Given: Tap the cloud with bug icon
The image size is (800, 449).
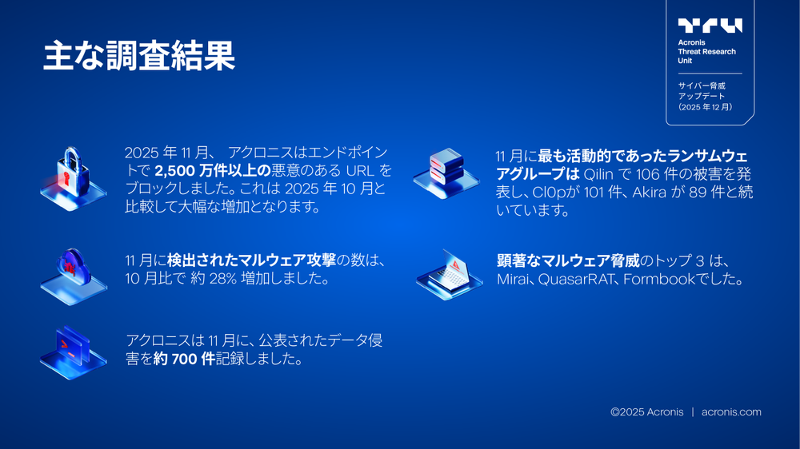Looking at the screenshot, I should point(73,268).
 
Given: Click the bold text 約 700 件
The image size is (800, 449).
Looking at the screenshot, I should point(185,360).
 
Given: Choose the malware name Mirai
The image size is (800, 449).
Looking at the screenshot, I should point(514,280).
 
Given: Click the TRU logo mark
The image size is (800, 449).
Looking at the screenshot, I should point(710,26).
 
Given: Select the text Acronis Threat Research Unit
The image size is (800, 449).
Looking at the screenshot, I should point(706,51).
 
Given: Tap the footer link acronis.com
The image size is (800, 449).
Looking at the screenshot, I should point(731,412).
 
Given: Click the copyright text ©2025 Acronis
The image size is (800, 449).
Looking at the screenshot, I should point(646,412).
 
